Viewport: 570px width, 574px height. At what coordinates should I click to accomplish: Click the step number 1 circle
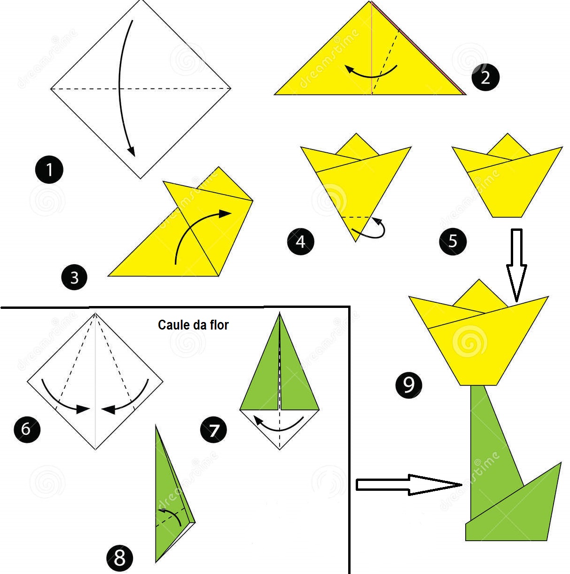tap(49, 170)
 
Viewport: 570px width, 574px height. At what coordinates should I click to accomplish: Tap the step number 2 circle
tap(485, 77)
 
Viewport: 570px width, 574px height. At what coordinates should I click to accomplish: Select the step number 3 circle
tap(74, 277)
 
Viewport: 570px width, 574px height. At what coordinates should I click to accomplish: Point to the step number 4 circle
tap(300, 241)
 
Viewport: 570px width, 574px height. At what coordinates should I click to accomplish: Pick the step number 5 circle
tap(453, 241)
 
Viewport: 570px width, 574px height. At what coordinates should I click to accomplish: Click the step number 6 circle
tap(26, 429)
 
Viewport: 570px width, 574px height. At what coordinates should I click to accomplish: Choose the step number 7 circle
tap(213, 430)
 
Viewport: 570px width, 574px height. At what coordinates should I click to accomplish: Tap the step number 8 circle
tap(119, 558)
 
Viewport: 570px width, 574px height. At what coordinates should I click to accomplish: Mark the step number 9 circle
tap(408, 385)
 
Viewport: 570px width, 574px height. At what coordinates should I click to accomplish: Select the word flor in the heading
tap(219, 325)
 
